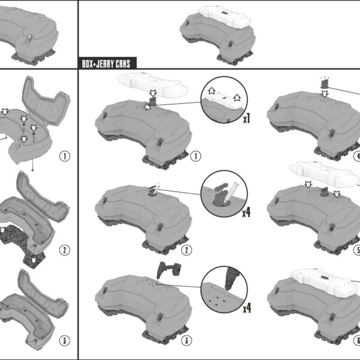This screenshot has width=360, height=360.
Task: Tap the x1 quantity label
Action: tap(247, 119)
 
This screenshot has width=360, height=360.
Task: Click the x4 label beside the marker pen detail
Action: tap(247, 213)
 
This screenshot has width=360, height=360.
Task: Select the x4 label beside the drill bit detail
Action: tap(247, 308)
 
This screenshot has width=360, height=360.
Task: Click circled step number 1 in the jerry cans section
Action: tap(196, 156)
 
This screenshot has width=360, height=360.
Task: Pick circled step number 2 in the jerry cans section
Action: tap(187, 250)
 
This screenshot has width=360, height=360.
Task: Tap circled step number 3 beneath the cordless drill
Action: tap(187, 340)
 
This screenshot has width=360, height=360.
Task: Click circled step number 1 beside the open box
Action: tap(65, 156)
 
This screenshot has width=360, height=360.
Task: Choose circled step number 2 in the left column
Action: tap(65, 250)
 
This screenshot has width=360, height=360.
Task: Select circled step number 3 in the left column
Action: tap(65, 340)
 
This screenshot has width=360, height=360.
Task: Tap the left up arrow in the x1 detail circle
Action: tap(211, 91)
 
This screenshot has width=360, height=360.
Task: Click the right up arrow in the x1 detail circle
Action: tap(237, 98)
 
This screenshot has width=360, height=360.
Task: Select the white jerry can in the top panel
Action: tap(224, 17)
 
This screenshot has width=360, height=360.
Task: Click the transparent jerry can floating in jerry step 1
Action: tap(152, 85)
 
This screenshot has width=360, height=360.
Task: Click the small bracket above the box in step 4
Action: tap(324, 84)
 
